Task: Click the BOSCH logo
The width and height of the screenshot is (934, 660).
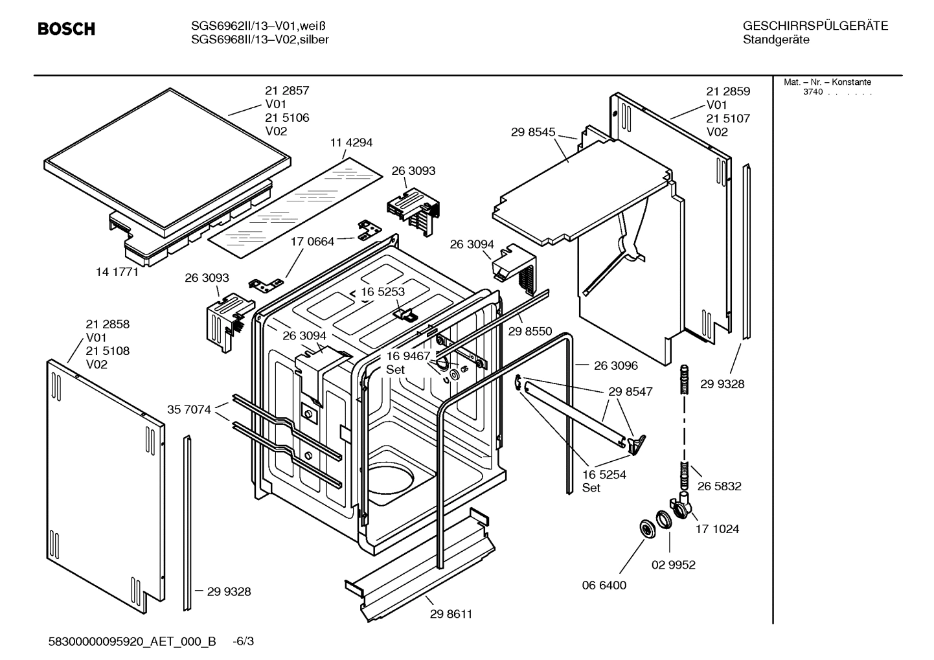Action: tap(66, 29)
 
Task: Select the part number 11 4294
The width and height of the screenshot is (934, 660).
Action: tap(351, 142)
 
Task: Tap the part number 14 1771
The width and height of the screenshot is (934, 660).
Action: tap(117, 272)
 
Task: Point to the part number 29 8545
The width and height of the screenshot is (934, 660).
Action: tap(532, 132)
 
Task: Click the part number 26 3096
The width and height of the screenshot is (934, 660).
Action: tap(615, 365)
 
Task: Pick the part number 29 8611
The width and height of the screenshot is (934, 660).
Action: tap(451, 614)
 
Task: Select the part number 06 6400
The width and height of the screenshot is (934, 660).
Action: tap(604, 585)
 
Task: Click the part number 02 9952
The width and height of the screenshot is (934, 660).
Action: tap(673, 565)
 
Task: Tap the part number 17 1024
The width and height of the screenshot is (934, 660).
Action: tap(717, 529)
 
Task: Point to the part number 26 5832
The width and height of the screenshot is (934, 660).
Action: tap(719, 486)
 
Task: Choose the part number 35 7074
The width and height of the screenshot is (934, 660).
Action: tap(188, 409)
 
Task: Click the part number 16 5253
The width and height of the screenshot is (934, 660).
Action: tap(383, 291)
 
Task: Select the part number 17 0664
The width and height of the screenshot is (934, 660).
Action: tap(312, 242)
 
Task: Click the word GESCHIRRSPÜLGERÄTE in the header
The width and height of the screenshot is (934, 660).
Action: tap(815, 26)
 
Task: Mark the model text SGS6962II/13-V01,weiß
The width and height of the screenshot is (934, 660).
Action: tap(258, 26)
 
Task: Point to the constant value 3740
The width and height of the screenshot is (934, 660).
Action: tap(812, 92)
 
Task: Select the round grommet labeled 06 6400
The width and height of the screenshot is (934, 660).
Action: tap(646, 528)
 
